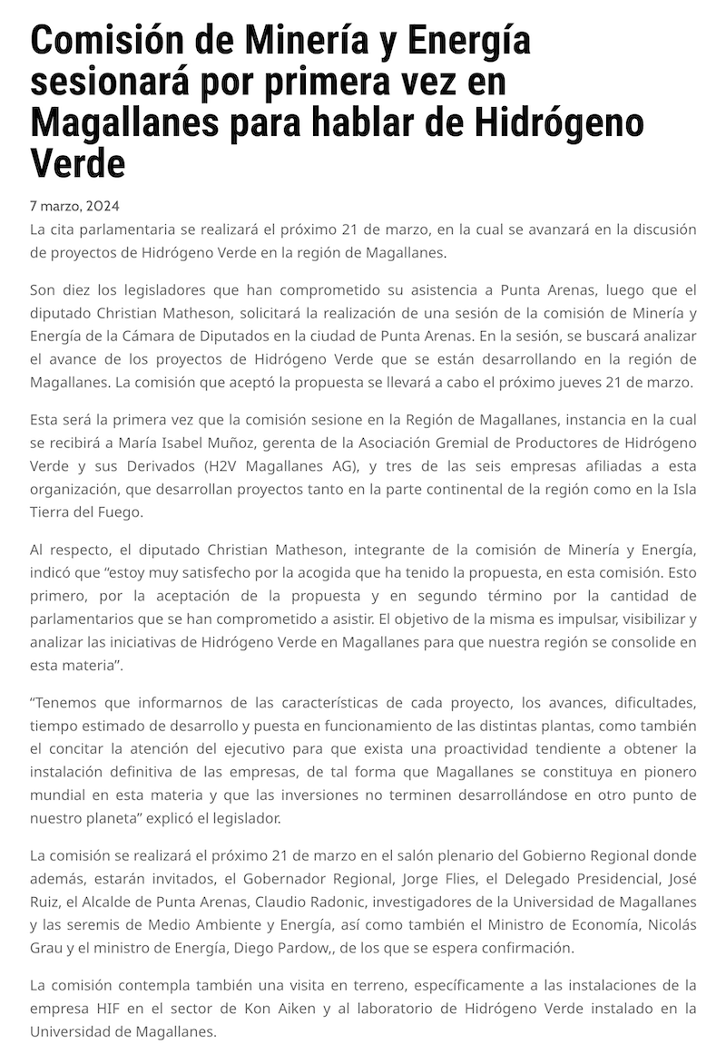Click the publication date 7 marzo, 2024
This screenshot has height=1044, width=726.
pos(74,206)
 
